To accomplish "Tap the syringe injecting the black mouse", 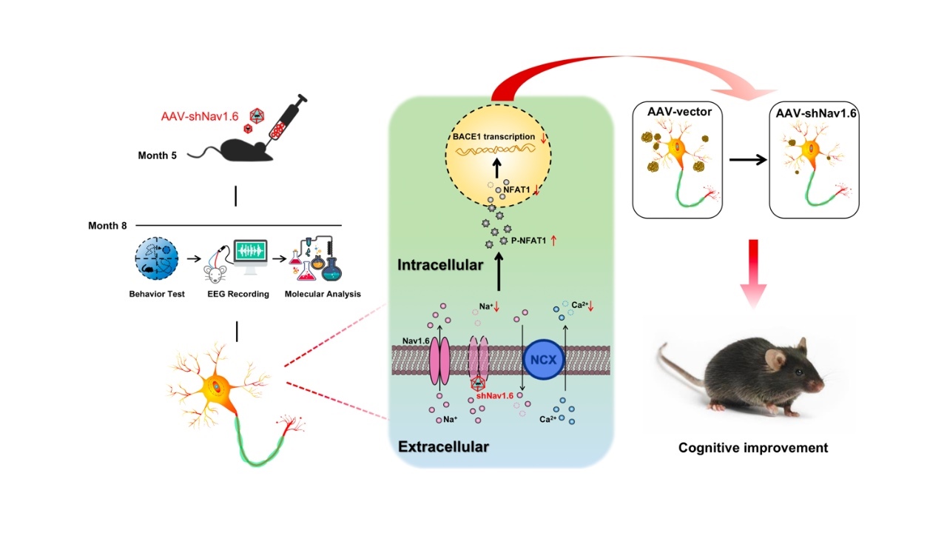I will coord(285,122).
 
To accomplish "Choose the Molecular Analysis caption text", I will coord(323,294).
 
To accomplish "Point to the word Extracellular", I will coord(443,446).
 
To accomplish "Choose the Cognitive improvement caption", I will coord(753,448).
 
